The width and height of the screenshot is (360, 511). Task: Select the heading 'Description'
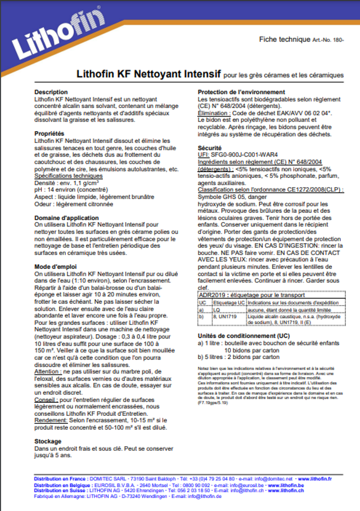pos(51,92)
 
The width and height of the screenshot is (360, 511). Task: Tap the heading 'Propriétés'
pos(49,133)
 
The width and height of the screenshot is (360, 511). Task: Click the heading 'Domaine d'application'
pos(66,218)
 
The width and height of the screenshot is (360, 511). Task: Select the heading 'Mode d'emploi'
pos(56,266)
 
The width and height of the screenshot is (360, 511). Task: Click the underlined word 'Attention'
pos(47,371)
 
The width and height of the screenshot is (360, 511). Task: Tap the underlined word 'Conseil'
pos(45,399)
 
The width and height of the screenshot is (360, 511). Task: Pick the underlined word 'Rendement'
pos(49,420)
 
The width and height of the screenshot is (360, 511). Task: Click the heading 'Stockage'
pos(48,442)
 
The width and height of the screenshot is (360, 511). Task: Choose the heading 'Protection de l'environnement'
pos(241,92)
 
